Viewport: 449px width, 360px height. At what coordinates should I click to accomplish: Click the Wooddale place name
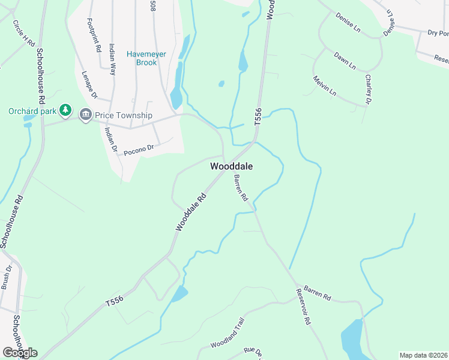click(231, 166)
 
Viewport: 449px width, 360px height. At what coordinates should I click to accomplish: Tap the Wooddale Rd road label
click(191, 212)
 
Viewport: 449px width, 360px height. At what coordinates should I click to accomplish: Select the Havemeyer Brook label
click(141, 58)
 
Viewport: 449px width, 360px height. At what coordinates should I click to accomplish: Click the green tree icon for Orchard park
click(66, 111)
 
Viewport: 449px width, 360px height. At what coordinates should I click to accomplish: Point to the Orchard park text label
click(33, 111)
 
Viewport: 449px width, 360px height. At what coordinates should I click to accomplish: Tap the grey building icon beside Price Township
click(85, 115)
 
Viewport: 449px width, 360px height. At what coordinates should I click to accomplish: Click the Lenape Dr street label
click(89, 85)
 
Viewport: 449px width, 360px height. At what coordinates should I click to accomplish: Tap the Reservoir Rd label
click(303, 307)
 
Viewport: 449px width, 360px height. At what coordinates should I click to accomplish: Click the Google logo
click(20, 352)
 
